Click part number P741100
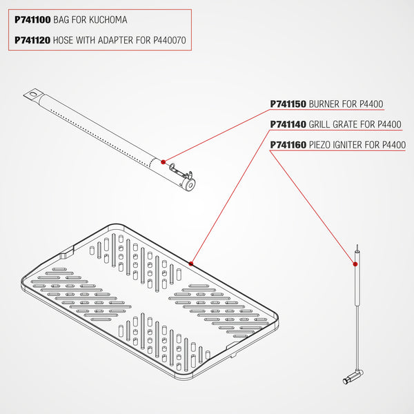(x=32, y=20)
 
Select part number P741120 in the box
(x=32, y=40)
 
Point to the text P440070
(x=170, y=40)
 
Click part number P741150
(x=288, y=104)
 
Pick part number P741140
(x=288, y=124)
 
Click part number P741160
(x=288, y=145)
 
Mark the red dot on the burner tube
(x=163, y=162)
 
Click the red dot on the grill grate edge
(x=191, y=264)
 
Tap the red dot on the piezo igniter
(x=355, y=264)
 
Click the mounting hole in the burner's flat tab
(x=33, y=94)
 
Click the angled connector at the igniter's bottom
(x=353, y=377)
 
